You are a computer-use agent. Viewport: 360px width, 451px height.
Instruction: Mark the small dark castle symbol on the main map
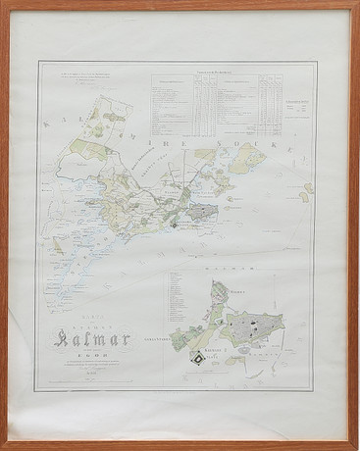(175, 224)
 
